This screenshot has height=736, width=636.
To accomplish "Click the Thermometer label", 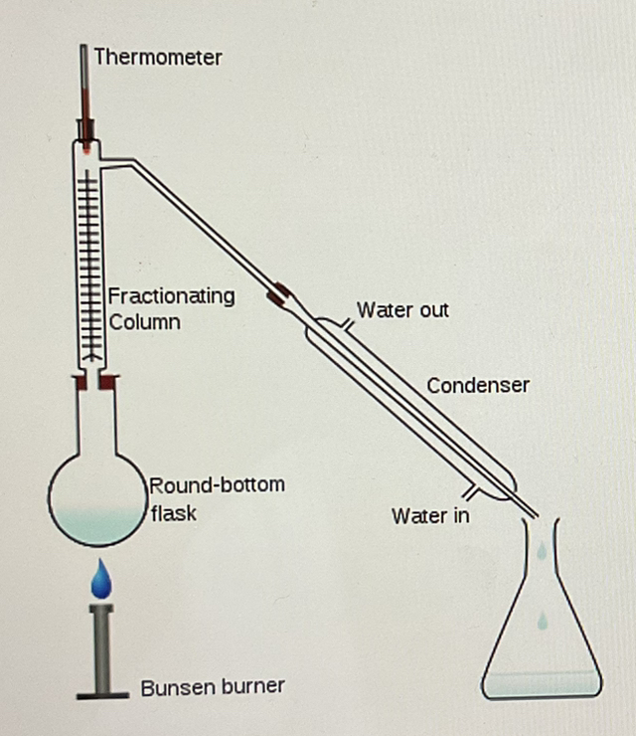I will tap(157, 57).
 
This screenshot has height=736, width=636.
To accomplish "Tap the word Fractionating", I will tap(171, 295).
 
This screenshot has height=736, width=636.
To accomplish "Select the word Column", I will tap(145, 322).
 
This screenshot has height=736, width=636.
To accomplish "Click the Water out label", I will tap(402, 310).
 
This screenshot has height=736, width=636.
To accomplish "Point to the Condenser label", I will tap(478, 385).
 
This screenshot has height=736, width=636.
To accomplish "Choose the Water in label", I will tap(430, 516).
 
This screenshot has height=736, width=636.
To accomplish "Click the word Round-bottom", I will tap(218, 485).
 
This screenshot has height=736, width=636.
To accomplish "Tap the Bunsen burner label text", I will tap(213, 686).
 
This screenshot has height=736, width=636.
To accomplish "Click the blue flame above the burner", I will tap(100, 579).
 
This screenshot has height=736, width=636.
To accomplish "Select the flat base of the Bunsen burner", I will tap(101, 693).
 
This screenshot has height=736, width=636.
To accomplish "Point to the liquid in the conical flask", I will tap(541, 683).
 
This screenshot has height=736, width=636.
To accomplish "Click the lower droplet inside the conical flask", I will tap(542, 621).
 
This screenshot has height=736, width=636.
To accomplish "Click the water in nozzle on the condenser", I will tap(466, 491).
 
